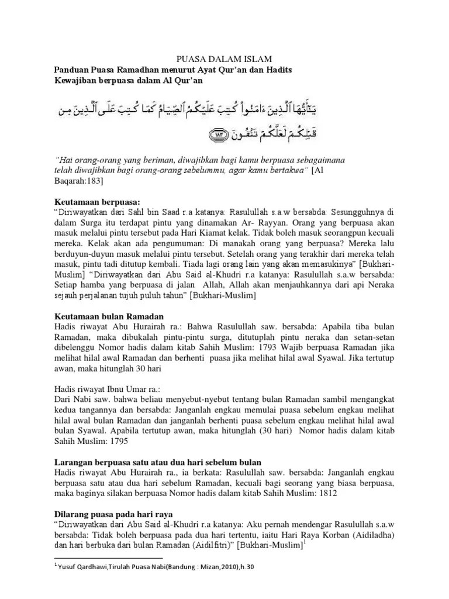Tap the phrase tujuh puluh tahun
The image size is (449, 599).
click(x=151, y=296)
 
